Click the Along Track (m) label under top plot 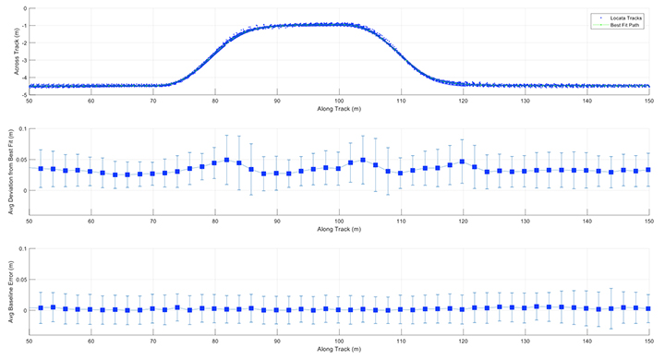pos(339,106)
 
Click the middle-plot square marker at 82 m pos(227,160)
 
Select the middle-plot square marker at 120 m pos(462,162)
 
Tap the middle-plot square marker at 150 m pos(648,170)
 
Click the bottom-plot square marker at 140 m pos(586,308)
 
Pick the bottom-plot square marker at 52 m pos(42,308)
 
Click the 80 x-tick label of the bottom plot pos(215,341)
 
